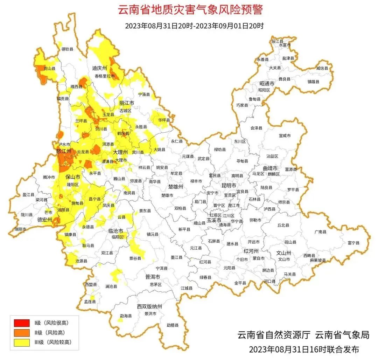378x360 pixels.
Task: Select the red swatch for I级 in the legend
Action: click(x=22, y=323)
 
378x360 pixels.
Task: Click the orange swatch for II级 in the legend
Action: click(x=22, y=332)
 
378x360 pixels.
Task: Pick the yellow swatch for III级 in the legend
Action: click(x=22, y=342)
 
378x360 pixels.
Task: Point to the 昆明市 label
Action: click(x=229, y=185)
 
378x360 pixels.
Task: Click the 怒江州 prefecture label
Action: click(x=64, y=151)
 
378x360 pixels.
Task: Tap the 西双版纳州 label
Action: click(x=149, y=306)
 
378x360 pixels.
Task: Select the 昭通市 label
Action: click(x=267, y=84)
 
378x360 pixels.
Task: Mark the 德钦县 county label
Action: click(x=67, y=49)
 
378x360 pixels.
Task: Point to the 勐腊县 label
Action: click(x=173, y=325)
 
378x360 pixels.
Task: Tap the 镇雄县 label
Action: click(x=314, y=82)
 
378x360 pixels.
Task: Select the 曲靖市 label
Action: click(x=270, y=168)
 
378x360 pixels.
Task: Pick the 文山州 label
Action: click(x=284, y=252)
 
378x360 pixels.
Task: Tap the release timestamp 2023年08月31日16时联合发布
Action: click(x=304, y=349)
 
